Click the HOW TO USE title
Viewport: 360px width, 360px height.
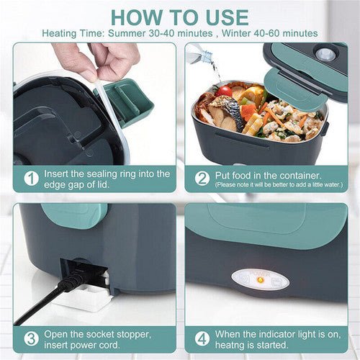click(179, 17)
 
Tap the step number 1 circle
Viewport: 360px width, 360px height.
click(31, 177)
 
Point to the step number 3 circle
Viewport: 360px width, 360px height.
click(31, 337)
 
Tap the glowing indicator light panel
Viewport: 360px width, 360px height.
click(260, 279)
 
